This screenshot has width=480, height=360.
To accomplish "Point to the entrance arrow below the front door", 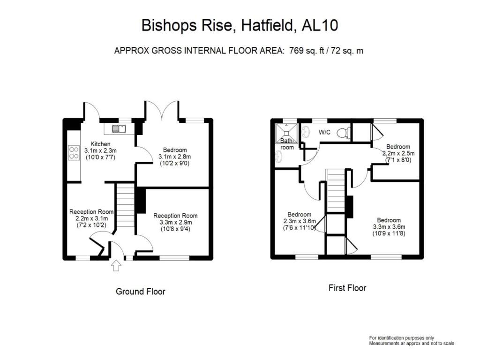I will tap(116, 266).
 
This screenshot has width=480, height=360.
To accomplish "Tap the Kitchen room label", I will tap(101, 144).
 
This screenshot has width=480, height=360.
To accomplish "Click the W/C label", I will tap(325, 132).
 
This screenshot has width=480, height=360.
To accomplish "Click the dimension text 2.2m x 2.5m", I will tap(398, 153).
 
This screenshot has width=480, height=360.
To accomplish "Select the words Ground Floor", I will tap(141, 292).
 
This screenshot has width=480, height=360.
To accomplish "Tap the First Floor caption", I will tap(347, 288).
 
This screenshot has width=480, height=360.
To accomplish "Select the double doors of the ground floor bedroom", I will tap(162, 111).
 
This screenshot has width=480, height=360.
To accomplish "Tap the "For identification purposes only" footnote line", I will tap(402, 338).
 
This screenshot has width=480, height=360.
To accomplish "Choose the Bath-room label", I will tap(287, 143).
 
